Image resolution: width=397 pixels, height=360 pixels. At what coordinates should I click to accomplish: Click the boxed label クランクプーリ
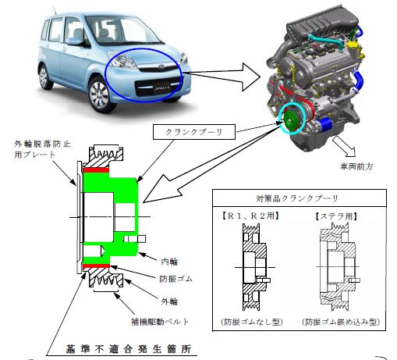tap(194, 132)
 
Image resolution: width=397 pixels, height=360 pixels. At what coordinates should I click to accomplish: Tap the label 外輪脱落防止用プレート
tap(42, 149)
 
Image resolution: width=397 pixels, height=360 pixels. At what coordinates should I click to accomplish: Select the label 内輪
tap(169, 262)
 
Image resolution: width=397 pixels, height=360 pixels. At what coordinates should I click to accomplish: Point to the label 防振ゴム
tap(175, 279)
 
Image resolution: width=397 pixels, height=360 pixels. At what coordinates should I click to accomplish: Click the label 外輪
tap(169, 301)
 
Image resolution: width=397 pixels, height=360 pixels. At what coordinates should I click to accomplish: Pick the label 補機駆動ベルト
tap(160, 322)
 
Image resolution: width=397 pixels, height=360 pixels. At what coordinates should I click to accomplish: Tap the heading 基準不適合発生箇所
tap(129, 349)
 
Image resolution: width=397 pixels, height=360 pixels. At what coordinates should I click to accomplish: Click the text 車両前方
tap(356, 166)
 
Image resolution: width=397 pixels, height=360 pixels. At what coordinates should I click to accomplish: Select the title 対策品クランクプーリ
tap(297, 198)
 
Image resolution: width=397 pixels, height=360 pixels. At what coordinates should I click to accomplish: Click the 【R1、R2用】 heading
tap(251, 216)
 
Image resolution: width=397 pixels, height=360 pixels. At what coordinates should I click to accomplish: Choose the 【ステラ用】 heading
tap(336, 216)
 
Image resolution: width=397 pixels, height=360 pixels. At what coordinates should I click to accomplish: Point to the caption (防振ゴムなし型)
tap(251, 322)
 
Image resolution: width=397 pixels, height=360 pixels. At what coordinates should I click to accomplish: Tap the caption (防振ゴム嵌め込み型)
tap(341, 322)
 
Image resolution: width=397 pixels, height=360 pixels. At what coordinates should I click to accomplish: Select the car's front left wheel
tap(100, 94)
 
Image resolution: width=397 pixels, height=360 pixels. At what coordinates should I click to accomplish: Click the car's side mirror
tap(74, 41)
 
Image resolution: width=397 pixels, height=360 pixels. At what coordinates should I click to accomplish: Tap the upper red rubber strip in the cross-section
tap(96, 170)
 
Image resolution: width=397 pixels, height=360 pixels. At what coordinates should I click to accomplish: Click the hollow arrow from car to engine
tap(223, 77)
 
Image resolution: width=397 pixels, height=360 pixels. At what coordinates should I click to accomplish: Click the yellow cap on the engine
tap(353, 45)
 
